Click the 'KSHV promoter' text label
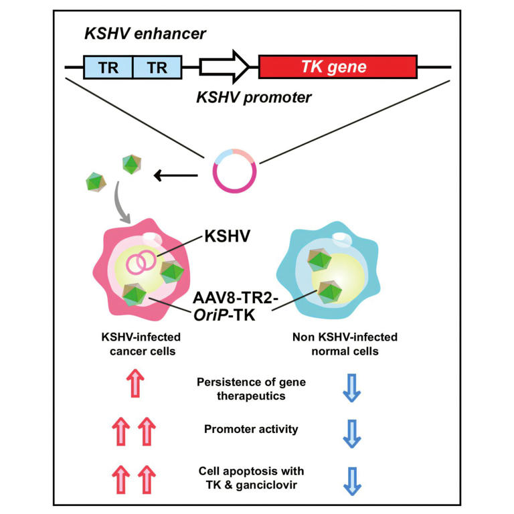pyautogui.click(x=254, y=98)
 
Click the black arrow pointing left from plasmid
pyautogui.click(x=175, y=176)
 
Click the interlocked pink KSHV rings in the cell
pyautogui.click(x=141, y=261)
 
